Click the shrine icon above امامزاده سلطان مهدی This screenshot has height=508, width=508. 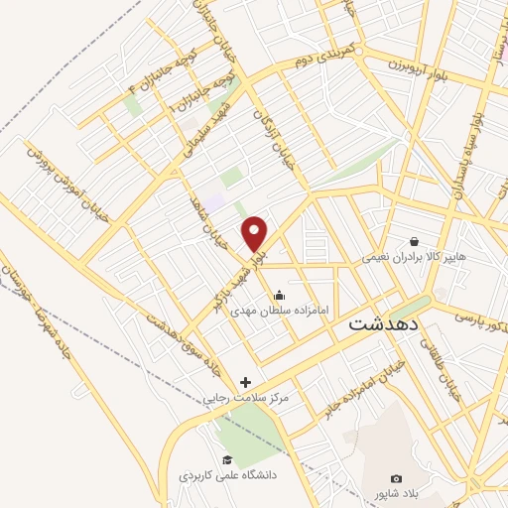[x=279, y=294]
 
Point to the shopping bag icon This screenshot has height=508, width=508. [x=414, y=241]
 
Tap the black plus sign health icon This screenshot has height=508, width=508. [x=245, y=382]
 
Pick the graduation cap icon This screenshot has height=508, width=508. [x=227, y=459]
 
